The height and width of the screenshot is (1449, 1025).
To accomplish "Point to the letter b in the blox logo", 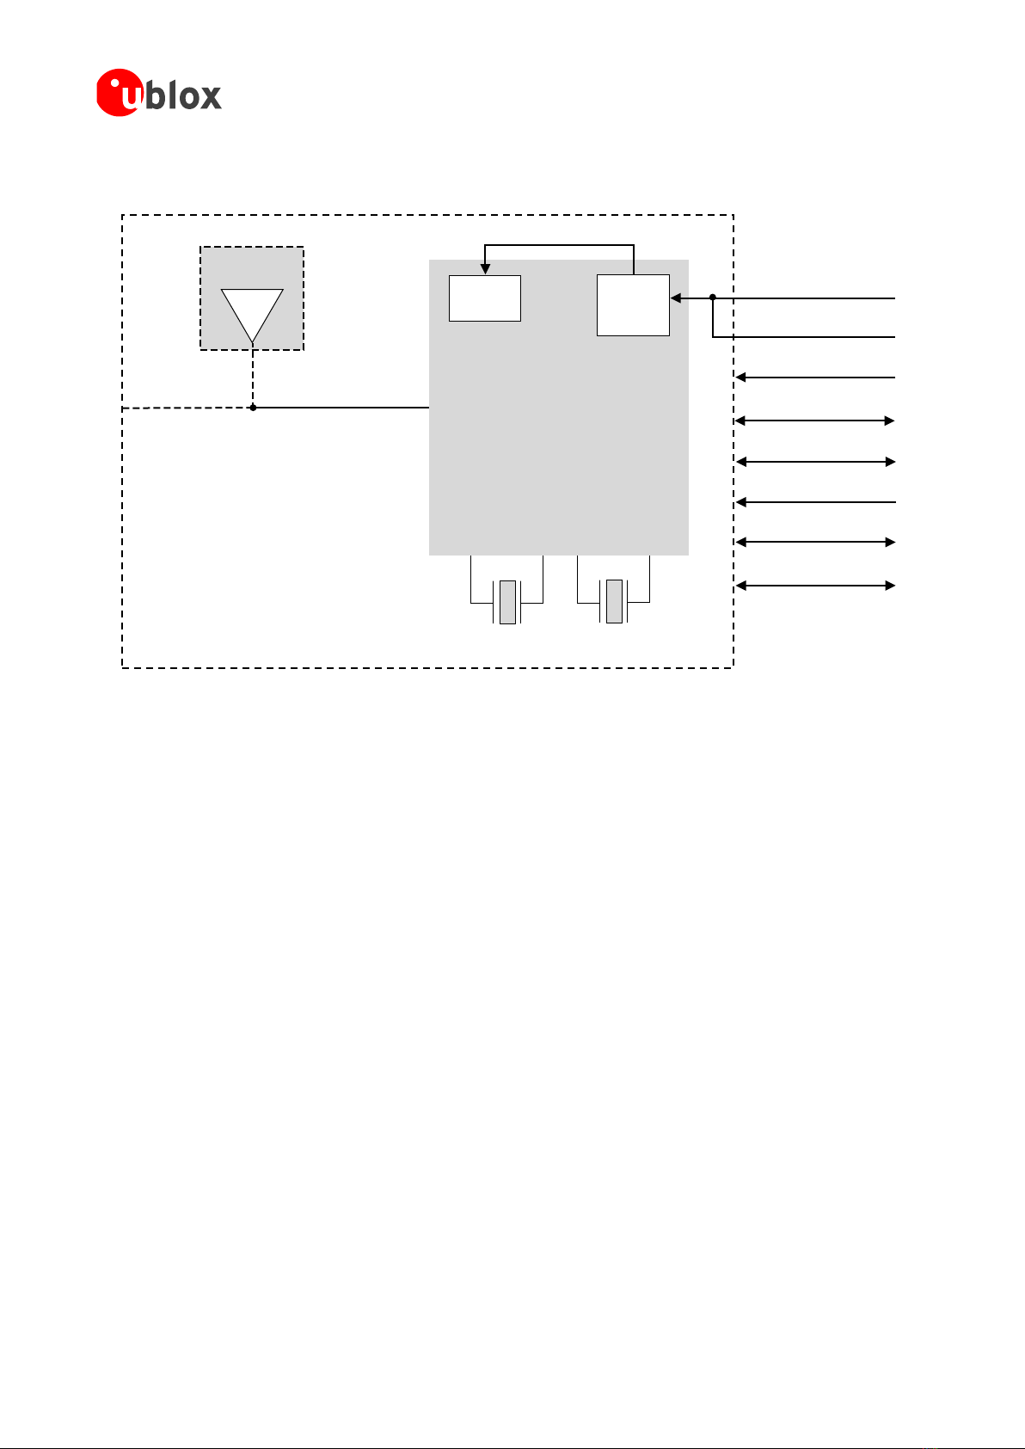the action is click(x=155, y=93).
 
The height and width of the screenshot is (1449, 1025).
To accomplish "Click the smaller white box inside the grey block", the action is click(x=485, y=298).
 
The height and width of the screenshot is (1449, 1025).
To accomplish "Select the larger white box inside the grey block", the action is click(x=633, y=305).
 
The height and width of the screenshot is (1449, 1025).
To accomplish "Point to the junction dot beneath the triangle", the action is click(x=253, y=408).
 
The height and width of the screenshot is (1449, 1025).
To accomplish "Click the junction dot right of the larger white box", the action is click(x=713, y=298).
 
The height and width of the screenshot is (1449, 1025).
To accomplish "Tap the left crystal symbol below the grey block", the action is click(x=507, y=602).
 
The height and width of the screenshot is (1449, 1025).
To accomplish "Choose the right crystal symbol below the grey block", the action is click(x=614, y=601).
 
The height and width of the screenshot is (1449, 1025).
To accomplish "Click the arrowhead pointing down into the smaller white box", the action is click(x=485, y=268).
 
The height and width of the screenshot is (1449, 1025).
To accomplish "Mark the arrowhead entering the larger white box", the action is click(x=676, y=298).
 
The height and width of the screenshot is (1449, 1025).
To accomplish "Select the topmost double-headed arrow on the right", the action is click(x=815, y=421).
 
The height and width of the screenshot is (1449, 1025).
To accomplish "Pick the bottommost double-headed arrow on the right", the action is click(x=815, y=586).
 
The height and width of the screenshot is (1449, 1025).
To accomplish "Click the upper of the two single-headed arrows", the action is click(x=815, y=378).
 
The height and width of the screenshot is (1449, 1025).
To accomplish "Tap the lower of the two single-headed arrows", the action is click(x=816, y=502).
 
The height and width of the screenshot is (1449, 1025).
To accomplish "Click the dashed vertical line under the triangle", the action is click(x=253, y=378).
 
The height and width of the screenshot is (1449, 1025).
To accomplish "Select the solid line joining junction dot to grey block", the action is click(x=341, y=408).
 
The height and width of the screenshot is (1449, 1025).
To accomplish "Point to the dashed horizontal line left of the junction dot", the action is click(x=187, y=408).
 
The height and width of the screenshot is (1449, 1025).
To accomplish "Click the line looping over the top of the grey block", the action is click(x=560, y=245).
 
